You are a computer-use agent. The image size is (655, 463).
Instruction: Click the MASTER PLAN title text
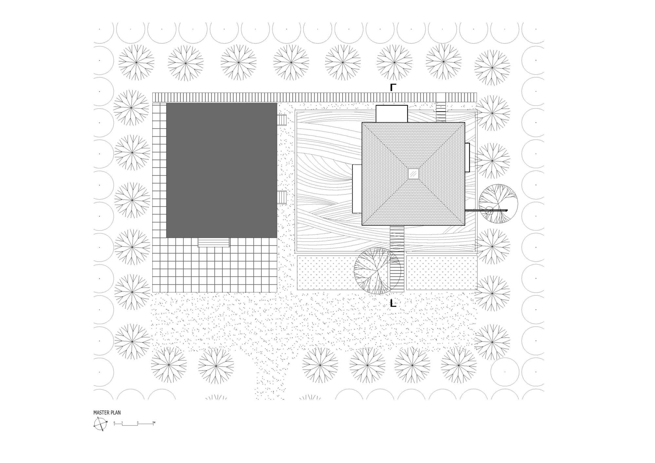[107, 413]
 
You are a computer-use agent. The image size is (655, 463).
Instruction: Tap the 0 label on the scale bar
[114, 422]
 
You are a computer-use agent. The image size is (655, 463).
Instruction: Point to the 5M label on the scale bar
[154, 422]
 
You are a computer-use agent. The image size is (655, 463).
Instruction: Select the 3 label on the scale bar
[138, 422]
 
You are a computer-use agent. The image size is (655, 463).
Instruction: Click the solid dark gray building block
[221, 170]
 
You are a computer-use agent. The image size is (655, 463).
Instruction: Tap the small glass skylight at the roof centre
[413, 174]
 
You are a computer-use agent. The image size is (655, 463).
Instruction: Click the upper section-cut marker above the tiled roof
[393, 87]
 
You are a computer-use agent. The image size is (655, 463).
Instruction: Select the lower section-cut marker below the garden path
[393, 304]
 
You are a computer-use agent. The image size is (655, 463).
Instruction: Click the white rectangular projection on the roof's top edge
[391, 114]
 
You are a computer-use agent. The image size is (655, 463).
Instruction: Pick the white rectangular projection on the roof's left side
[357, 189]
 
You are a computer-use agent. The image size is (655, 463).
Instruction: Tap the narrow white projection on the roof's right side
[467, 157]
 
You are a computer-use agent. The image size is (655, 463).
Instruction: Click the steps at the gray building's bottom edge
[214, 242]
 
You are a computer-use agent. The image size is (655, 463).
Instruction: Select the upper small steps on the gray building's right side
[282, 120]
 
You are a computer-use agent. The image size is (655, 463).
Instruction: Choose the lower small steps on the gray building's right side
[282, 197]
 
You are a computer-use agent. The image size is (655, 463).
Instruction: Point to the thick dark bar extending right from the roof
[486, 210]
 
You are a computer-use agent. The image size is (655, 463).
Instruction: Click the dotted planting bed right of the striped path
[441, 273]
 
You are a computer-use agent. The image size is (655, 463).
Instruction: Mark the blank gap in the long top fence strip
[441, 97]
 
